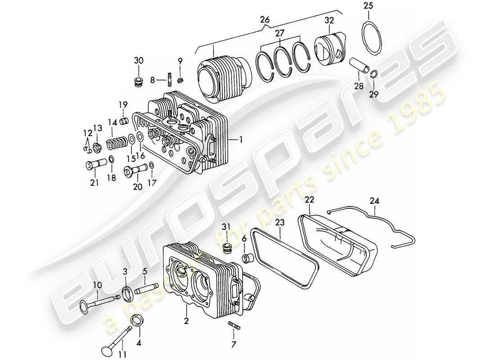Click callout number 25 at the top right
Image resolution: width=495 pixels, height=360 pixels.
pyautogui.click(x=368, y=6)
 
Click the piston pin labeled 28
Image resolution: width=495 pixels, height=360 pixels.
pyautogui.click(x=360, y=67)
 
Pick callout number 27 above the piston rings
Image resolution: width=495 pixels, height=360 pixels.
pyautogui.click(x=280, y=32)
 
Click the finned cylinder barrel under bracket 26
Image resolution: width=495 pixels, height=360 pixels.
pyautogui.click(x=223, y=81)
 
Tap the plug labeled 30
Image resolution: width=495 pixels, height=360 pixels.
pyautogui.click(x=139, y=82)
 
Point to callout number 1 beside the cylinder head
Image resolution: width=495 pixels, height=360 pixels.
pyautogui.click(x=241, y=140)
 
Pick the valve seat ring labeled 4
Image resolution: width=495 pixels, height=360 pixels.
pyautogui.click(x=136, y=321)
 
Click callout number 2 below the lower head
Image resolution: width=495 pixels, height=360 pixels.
pyautogui.click(x=186, y=321)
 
